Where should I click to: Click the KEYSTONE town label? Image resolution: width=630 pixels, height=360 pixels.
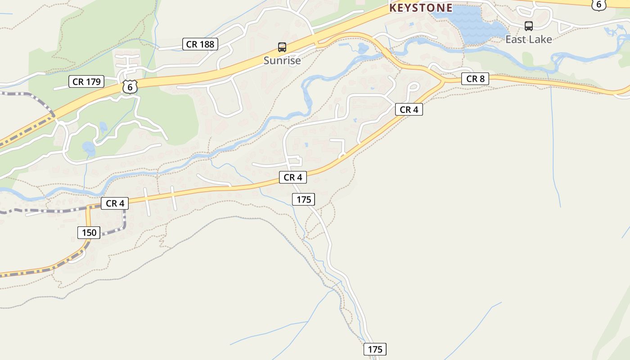pyautogui.click(x=421, y=8)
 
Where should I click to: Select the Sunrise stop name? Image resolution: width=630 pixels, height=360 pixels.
pyautogui.click(x=282, y=60)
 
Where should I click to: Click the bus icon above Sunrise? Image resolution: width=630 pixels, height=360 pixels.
pyautogui.click(x=282, y=47)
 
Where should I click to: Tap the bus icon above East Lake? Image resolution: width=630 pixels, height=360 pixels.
pyautogui.click(x=529, y=26)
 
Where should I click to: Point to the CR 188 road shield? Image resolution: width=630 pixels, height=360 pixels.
pyautogui.click(x=201, y=44)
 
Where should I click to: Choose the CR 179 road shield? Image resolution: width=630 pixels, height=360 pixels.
pyautogui.click(x=87, y=81)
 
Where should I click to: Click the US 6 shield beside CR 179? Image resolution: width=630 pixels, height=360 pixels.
pyautogui.click(x=130, y=87)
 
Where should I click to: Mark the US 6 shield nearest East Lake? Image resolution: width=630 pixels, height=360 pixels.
pyautogui.click(x=598, y=4)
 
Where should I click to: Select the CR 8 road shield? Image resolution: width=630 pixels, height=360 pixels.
pyautogui.click(x=475, y=79)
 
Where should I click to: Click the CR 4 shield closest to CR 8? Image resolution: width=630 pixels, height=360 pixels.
pyautogui.click(x=409, y=109)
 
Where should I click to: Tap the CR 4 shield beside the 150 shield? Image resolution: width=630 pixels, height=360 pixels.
pyautogui.click(x=115, y=203)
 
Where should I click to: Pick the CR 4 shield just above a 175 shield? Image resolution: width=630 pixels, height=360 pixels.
pyautogui.click(x=292, y=177)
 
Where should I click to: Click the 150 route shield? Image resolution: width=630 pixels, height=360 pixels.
pyautogui.click(x=89, y=232)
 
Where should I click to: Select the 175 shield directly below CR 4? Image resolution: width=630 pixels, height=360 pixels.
pyautogui.click(x=303, y=199)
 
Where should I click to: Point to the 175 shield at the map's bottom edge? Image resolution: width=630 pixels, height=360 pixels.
pyautogui.click(x=375, y=349)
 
